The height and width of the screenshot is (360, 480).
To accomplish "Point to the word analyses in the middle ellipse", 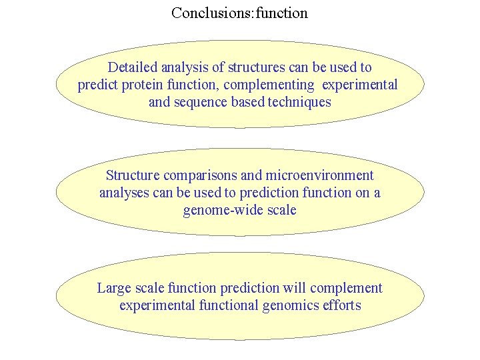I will click(122, 193).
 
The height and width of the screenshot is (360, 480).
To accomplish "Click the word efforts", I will click(342, 305).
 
